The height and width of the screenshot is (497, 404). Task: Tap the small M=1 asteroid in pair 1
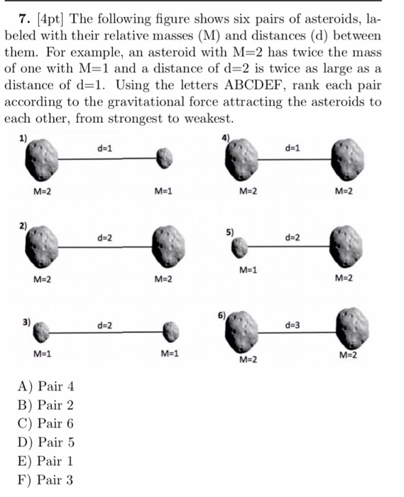tap(165, 159)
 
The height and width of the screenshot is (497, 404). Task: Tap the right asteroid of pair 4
tap(348, 160)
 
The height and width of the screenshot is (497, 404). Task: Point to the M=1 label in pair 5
tap(248, 270)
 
